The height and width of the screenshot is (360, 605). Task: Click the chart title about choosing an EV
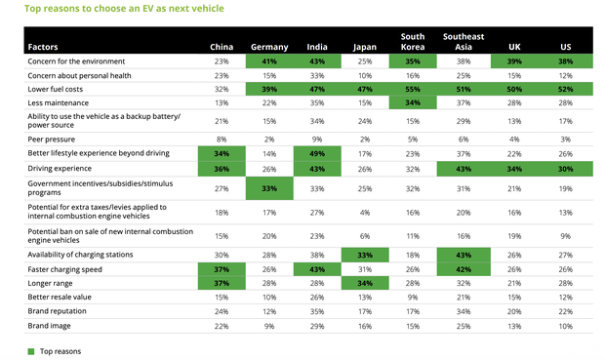point(124,9)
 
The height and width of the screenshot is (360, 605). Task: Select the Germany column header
point(269,47)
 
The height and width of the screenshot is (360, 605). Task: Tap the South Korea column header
point(413,42)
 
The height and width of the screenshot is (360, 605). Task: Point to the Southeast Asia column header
point(464,42)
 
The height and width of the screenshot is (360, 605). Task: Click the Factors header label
point(43,47)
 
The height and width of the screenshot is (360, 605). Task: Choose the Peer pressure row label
point(52,140)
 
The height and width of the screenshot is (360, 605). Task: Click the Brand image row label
point(49,326)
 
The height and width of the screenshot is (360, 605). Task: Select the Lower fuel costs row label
point(56,89)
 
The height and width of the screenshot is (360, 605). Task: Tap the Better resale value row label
point(60,298)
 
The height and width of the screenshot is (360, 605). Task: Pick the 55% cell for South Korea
point(413,89)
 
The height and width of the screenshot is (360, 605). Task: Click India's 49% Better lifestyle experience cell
point(317,153)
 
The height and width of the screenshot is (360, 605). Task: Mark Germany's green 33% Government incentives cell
point(269,188)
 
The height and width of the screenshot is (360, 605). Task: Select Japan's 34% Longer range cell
point(365,283)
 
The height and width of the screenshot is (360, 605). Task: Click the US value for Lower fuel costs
point(566,89)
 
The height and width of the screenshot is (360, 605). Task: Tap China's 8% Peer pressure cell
point(222,140)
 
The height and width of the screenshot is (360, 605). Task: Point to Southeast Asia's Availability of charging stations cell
point(464,255)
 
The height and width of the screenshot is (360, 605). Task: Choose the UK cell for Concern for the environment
point(514,61)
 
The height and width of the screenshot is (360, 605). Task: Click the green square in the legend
point(31,351)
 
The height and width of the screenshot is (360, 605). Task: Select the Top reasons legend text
point(60,351)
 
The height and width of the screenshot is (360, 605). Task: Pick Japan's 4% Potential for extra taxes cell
point(365,213)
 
